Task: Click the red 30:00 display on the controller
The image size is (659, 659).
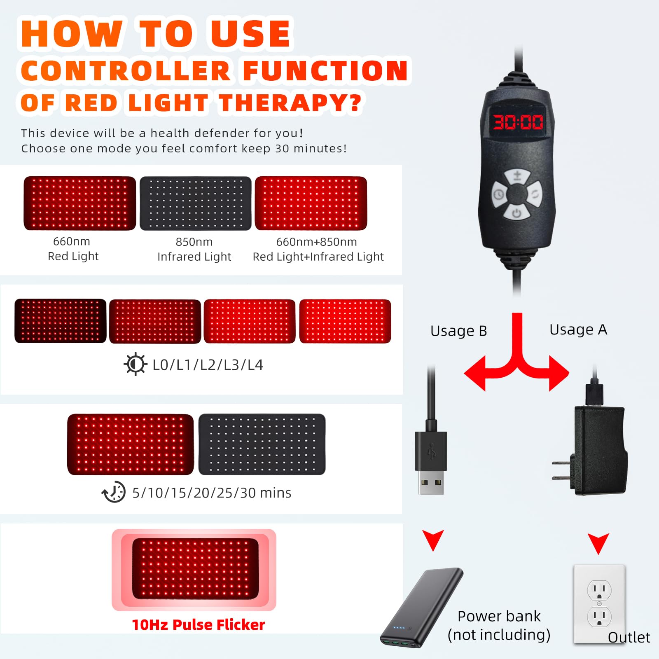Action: tap(518, 122)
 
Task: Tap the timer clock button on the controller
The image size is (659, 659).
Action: tap(499, 194)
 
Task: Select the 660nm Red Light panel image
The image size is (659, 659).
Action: tap(80, 203)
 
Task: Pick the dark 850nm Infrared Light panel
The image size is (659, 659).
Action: tap(196, 203)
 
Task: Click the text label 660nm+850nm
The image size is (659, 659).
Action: tap(316, 242)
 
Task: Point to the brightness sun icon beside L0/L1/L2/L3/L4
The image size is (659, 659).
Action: tap(135, 364)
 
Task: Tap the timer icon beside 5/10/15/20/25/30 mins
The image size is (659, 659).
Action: tap(114, 492)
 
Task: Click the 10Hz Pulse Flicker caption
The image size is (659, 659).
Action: tap(198, 625)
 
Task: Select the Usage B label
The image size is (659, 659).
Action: tap(458, 331)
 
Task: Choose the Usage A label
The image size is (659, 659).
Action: tap(578, 329)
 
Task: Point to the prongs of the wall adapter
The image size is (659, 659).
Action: tap(561, 471)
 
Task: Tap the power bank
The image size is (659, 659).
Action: tap(422, 608)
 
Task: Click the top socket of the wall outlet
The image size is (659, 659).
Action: tap(599, 590)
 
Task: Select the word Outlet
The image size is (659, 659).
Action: tap(629, 637)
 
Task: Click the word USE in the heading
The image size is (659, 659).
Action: tap(251, 34)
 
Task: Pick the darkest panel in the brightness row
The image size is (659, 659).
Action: tap(61, 321)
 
